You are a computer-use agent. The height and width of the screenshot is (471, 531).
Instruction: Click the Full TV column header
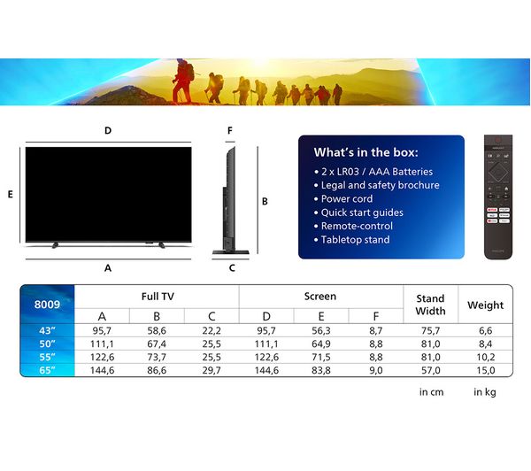click(x=157, y=297)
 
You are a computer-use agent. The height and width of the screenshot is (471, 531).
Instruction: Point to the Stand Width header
click(x=429, y=305)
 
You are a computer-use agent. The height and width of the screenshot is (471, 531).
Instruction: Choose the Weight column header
click(x=485, y=305)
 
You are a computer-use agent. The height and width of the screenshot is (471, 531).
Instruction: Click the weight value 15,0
click(x=485, y=370)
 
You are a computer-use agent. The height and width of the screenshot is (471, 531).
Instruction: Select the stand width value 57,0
click(x=429, y=370)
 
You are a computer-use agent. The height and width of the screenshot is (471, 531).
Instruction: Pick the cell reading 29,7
click(x=212, y=370)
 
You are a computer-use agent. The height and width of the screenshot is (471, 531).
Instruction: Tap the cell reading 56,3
click(x=321, y=329)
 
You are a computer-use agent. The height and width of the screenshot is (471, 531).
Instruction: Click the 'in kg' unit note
click(x=485, y=392)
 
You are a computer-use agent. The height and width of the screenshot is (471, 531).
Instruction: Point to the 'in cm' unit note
click(x=431, y=392)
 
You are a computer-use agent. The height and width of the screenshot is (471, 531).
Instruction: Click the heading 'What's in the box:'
click(x=366, y=152)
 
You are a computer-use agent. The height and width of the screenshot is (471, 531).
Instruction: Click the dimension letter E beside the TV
click(x=10, y=195)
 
